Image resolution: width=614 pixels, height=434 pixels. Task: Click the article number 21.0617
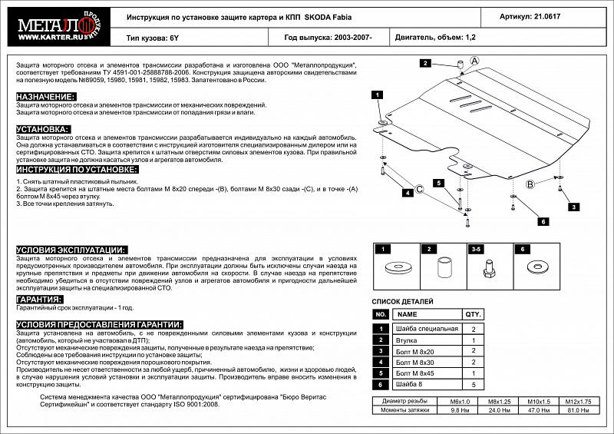568,15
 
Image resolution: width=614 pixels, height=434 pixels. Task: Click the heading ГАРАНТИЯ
39,300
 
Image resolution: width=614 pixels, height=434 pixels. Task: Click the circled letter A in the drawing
474,61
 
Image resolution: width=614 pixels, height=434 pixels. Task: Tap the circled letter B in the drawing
529,183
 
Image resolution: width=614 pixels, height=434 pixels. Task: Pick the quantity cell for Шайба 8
473,383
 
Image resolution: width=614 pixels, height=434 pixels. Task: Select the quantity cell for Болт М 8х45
473,373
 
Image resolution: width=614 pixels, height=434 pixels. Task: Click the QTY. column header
473,315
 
